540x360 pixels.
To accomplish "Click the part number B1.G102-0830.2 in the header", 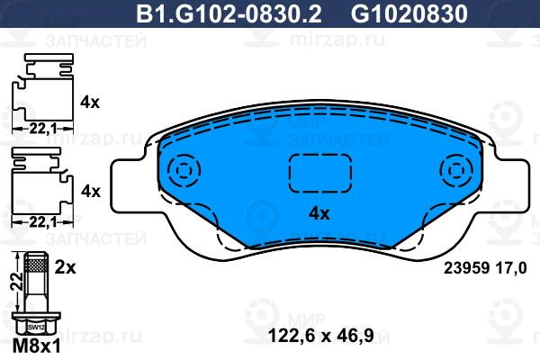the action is click(x=229, y=14).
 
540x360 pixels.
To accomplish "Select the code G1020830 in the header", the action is click(x=409, y=14).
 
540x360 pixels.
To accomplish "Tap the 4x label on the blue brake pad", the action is click(x=319, y=214).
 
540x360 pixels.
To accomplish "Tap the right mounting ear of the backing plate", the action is click(x=514, y=186).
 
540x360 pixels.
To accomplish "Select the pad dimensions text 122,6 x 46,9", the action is click(x=320, y=335).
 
